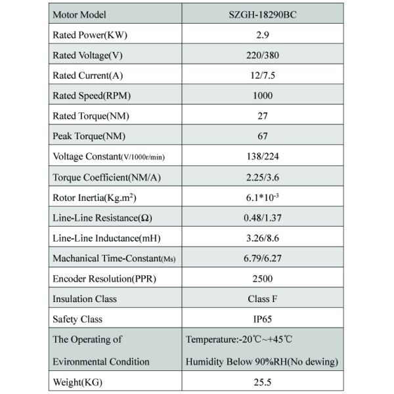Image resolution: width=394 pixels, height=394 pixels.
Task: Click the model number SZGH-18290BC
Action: coord(263,14)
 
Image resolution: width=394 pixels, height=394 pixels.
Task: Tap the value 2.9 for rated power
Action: coord(263,34)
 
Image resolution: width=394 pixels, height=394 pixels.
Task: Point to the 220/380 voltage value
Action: coord(263,55)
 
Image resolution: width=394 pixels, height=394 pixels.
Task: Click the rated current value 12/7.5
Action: coord(263,75)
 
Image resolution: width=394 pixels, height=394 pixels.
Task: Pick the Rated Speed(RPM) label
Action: coord(91,95)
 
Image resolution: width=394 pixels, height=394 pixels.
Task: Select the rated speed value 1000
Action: coord(263,95)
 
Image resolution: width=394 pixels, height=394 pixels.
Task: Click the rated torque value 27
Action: coord(263,116)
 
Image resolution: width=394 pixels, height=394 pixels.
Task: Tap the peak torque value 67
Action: coord(263,136)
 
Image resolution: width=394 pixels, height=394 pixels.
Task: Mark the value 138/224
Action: coord(263,156)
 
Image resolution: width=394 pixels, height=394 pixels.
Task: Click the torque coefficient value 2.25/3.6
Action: coord(263,177)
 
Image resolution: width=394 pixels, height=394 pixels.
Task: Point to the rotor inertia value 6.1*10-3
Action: coord(263,197)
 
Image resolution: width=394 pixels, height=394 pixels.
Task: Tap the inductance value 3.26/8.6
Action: coord(263,238)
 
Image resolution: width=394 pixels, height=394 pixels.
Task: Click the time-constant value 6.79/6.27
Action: coord(263,258)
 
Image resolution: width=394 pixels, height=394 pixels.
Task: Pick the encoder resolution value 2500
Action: coord(263,278)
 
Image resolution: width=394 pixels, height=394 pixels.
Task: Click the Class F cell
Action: coord(263,299)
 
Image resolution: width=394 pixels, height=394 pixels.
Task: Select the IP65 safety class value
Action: coord(263,319)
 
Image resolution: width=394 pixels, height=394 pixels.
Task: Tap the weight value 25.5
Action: coord(263,382)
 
